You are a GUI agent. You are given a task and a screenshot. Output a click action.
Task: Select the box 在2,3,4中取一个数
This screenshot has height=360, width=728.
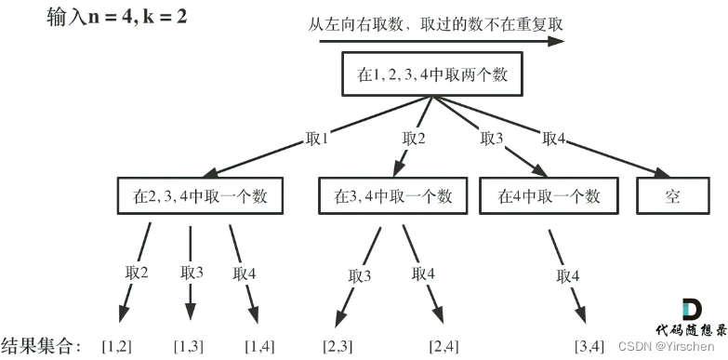(200, 196)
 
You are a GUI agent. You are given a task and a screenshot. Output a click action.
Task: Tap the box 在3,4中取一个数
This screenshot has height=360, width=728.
(392, 196)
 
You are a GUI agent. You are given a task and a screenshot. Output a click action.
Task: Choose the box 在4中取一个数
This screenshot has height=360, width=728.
(549, 196)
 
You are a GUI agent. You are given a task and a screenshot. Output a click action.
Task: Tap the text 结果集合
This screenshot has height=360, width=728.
(41, 346)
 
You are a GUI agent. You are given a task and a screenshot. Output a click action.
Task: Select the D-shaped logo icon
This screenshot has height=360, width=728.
(691, 311)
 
